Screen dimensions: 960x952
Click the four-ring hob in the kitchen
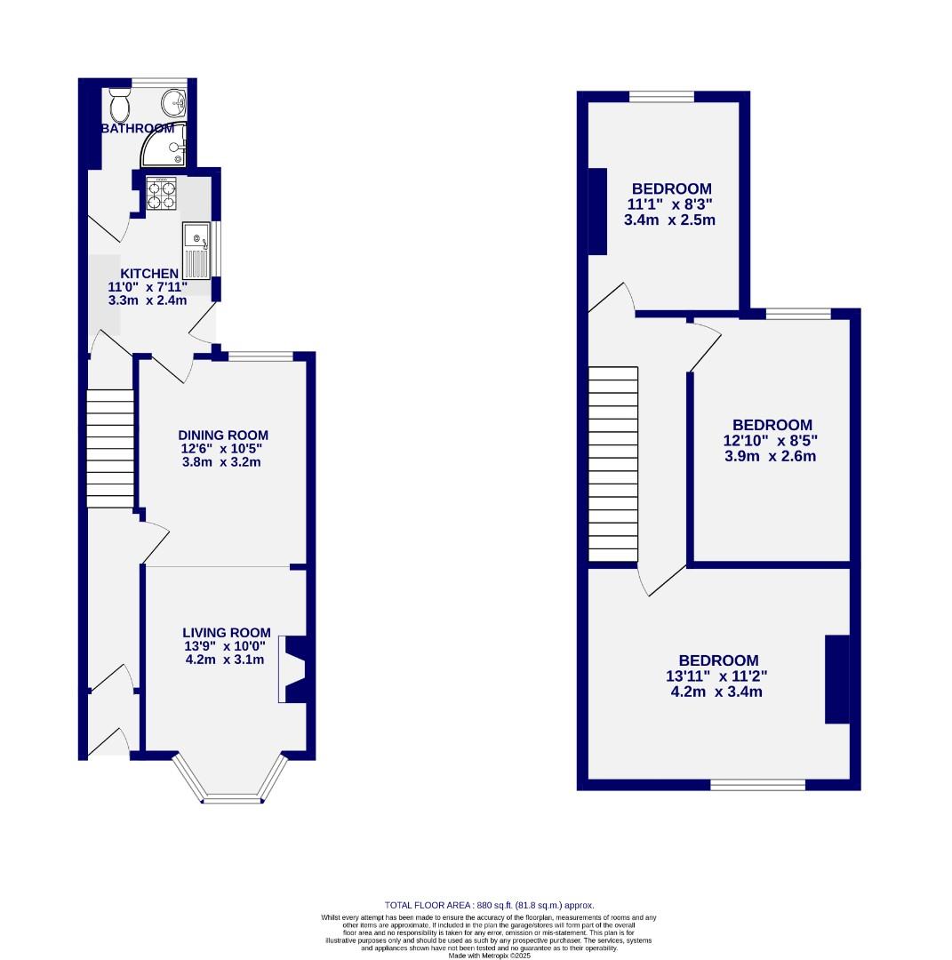(161, 194)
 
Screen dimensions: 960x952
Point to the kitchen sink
(196, 250)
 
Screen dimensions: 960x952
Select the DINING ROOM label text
(223, 435)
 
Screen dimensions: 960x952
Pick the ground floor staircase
(110, 448)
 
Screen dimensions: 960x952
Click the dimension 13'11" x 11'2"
(717, 676)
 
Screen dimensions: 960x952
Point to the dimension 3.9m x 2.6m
(771, 456)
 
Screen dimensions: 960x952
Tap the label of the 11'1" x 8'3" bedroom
(671, 188)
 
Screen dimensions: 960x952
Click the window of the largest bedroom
(757, 785)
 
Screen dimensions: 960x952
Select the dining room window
(260, 356)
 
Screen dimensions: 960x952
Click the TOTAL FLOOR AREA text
(488, 905)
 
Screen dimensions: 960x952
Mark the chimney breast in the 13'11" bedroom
(836, 679)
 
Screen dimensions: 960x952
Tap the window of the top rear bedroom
(662, 97)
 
